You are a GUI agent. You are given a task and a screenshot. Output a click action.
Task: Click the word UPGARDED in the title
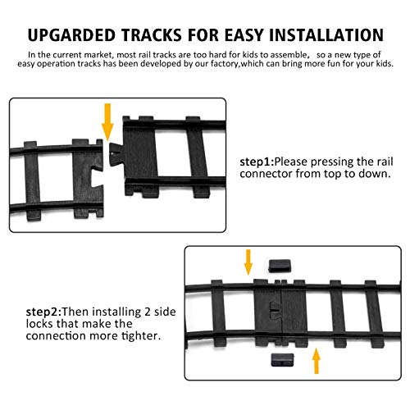click(71, 35)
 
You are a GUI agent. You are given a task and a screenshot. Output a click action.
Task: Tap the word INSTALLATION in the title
click(326, 35)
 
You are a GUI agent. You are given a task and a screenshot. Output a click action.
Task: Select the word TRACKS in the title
click(152, 35)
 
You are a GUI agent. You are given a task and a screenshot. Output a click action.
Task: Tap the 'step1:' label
click(257, 162)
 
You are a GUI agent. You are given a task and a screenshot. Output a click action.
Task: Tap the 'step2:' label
click(44, 312)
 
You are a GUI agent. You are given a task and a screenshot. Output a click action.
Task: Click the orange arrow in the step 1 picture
click(107, 122)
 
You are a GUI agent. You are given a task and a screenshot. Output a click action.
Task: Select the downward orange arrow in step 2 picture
click(248, 262)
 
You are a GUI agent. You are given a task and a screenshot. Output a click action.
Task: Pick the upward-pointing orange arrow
click(317, 361)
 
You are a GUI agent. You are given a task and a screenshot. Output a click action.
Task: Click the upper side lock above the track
click(280, 266)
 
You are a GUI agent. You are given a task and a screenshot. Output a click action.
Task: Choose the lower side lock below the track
click(282, 360)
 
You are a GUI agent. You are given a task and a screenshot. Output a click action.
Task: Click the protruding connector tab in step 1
click(116, 154)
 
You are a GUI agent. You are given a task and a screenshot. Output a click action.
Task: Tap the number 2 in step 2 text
click(148, 312)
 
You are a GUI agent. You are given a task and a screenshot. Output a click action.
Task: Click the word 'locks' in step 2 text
click(40, 324)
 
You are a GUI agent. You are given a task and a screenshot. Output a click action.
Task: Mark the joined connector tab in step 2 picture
click(275, 311)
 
